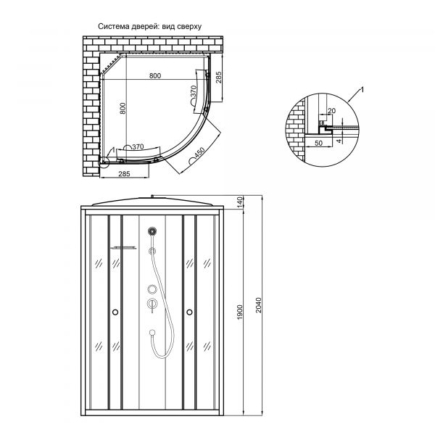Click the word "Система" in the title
pos(115,26)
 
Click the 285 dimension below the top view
pos(124,174)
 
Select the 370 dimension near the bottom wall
pos(138,146)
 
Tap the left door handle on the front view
pos(114,312)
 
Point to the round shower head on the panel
pos(152,232)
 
